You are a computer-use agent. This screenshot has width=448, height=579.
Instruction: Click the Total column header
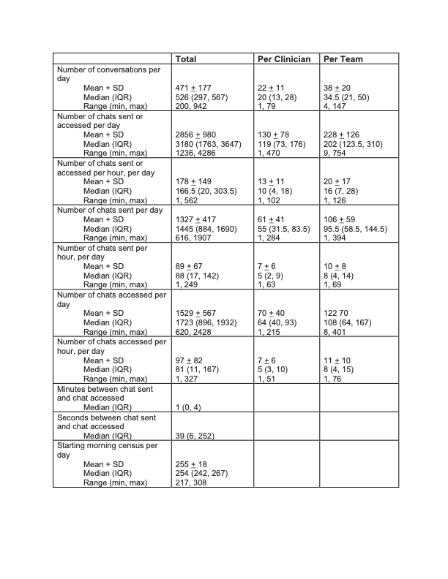187,58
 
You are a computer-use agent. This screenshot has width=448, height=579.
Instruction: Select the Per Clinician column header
284,58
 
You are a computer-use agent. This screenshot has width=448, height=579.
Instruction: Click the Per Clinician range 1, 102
270,200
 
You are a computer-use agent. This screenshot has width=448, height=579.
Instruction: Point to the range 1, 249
188,284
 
